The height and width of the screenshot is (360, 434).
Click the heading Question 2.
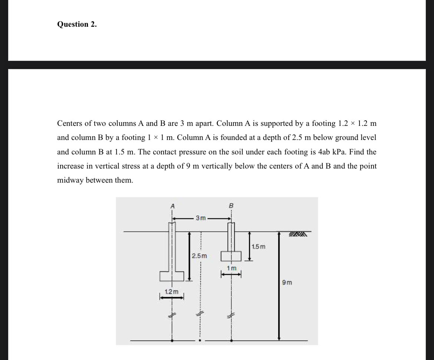click(77, 24)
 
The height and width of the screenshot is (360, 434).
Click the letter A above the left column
click(172, 206)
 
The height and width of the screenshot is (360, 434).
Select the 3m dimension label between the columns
click(201, 218)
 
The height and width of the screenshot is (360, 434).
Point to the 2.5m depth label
click(199, 256)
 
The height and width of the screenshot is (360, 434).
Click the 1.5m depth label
click(259, 247)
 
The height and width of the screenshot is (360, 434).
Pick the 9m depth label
click(287, 282)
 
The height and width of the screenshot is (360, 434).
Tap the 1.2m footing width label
click(172, 292)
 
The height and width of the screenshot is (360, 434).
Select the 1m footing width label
click(231, 268)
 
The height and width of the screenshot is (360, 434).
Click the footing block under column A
click(172, 276)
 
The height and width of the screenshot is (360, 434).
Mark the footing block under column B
click(231, 256)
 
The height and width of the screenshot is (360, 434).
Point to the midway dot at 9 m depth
click(201, 340)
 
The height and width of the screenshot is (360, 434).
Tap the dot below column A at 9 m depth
click(172, 340)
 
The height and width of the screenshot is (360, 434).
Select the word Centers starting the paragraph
click(70, 123)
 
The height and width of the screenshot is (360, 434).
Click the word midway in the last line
click(70, 180)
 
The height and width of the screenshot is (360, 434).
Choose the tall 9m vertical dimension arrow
click(279, 286)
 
